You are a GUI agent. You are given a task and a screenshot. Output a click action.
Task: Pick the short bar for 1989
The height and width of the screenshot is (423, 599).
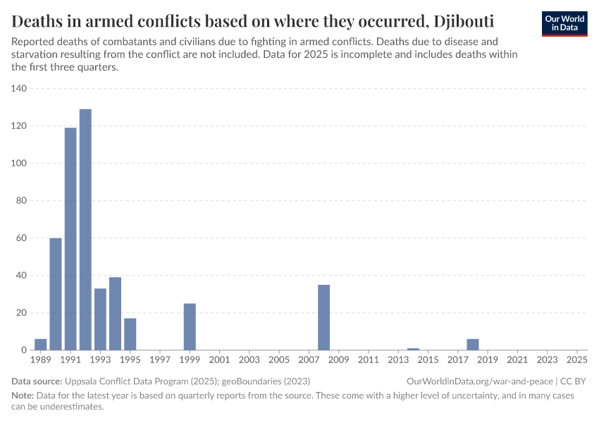(x=41, y=345)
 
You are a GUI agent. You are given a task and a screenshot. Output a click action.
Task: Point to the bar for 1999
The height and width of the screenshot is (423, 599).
(x=190, y=326)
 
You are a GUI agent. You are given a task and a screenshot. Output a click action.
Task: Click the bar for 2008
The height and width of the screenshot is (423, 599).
(x=323, y=317)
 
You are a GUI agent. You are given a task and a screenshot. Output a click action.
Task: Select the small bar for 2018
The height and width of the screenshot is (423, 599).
(x=472, y=345)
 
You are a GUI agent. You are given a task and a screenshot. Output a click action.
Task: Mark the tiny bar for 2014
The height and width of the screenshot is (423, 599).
(x=413, y=349)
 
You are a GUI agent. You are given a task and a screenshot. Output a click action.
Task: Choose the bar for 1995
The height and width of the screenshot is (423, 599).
(x=130, y=334)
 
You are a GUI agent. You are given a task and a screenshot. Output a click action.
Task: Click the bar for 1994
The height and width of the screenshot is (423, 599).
(x=115, y=314)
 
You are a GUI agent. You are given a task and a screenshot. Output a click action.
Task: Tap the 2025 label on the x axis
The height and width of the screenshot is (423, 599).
(x=576, y=360)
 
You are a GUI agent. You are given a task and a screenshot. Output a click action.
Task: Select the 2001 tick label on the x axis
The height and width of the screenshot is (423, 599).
(x=219, y=360)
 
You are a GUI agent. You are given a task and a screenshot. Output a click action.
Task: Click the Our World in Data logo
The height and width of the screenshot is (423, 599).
(x=565, y=23)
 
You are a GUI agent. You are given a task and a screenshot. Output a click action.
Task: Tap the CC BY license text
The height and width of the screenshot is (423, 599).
(x=575, y=381)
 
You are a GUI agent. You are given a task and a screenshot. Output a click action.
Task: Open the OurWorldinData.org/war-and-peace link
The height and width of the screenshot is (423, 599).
(x=480, y=381)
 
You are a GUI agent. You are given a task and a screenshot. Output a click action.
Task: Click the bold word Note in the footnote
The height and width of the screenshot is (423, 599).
(x=23, y=396)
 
